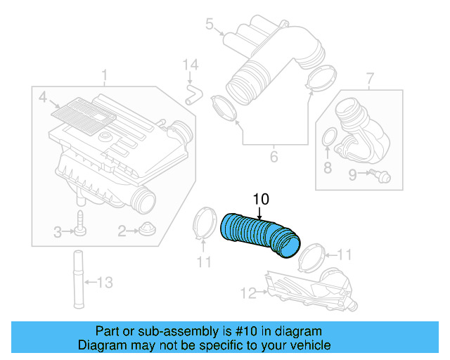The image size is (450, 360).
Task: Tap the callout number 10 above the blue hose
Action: tap(260, 200)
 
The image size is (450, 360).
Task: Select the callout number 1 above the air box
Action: tap(104, 75)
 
